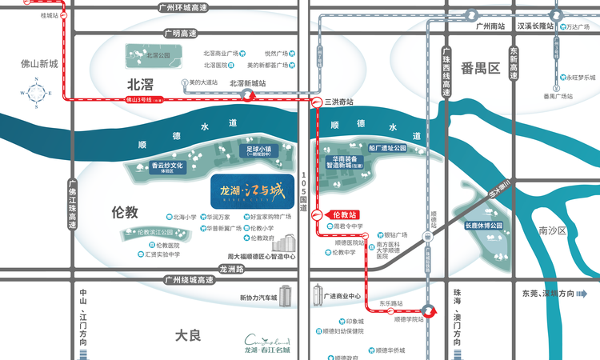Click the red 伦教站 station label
[x=342, y=214]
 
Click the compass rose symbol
[x=38, y=94]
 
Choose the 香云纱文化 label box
[x=167, y=167]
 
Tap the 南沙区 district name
[x=552, y=230]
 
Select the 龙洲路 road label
[x=230, y=269]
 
